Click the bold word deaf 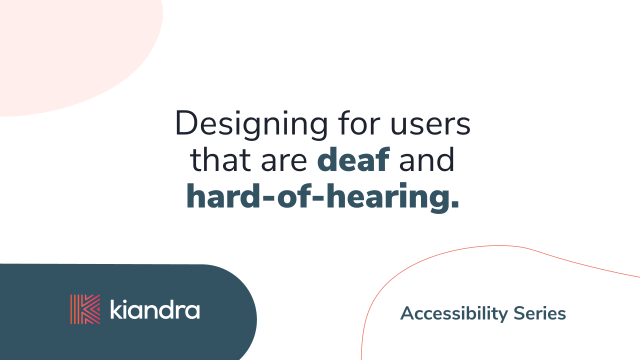pyautogui.click(x=353, y=160)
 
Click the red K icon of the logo pyautogui.click(x=85, y=309)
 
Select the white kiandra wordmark pyautogui.click(x=154, y=309)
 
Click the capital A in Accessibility pyautogui.click(x=407, y=313)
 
